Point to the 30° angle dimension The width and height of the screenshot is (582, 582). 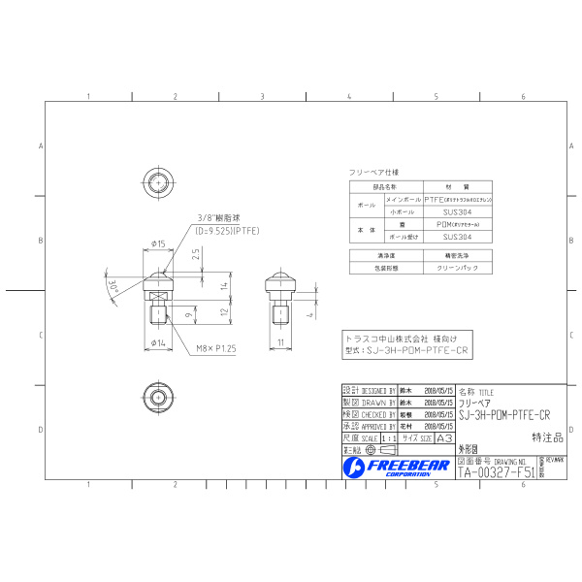coord(113,286)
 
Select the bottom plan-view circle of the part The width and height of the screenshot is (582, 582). coord(159,397)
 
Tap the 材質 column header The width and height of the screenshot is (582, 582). coord(457,185)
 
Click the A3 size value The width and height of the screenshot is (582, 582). coord(445,437)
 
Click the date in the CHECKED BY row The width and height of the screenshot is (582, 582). coord(439,413)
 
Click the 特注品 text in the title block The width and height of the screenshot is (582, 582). coord(549,437)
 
